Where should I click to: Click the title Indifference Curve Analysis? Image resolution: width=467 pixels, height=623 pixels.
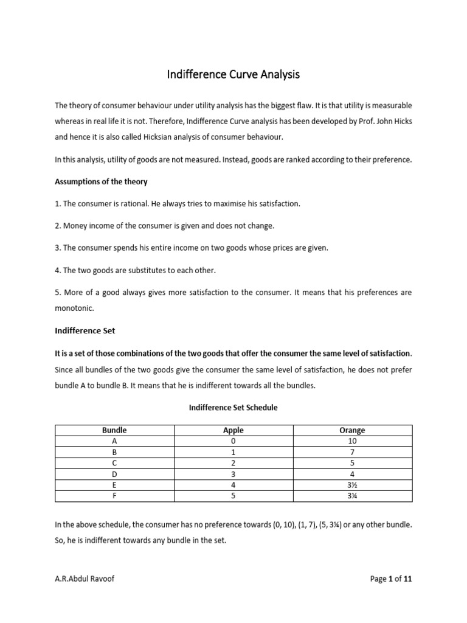233,75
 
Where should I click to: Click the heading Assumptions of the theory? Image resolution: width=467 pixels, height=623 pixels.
101,181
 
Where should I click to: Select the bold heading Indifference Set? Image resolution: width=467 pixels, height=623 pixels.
85,331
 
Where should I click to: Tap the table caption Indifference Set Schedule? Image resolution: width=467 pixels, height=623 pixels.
233,408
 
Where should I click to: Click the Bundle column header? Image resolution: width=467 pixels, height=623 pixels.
114,430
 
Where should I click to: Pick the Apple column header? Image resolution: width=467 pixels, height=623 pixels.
233,430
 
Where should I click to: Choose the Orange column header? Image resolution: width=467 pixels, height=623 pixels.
352,430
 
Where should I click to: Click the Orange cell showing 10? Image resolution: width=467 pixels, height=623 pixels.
352,441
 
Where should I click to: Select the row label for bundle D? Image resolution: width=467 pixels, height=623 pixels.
114,474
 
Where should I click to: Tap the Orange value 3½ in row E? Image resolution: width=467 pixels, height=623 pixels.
352,485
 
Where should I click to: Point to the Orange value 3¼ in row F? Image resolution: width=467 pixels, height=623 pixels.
352,496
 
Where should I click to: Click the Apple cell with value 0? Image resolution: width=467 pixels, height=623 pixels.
233,441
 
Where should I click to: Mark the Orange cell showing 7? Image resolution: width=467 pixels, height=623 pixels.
352,452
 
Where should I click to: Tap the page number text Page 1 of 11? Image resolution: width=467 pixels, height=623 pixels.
391,579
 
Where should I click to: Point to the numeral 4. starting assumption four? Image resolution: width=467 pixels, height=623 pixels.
58,270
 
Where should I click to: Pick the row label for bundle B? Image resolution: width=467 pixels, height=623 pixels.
114,452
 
